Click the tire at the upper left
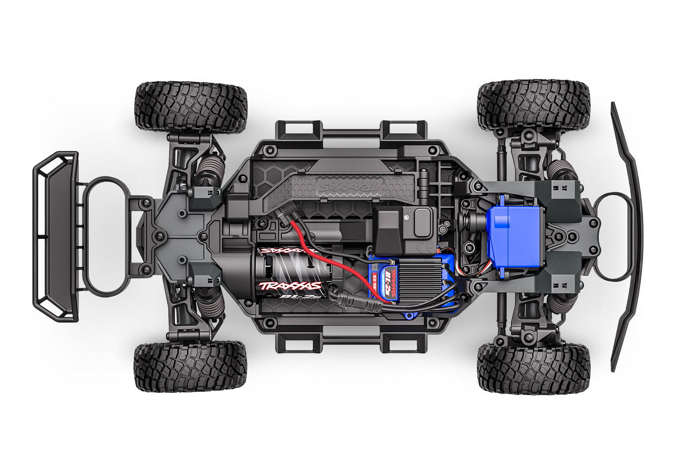[x=190, y=107]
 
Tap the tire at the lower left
[x=190, y=367]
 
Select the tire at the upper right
[x=533, y=105]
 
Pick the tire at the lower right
[x=533, y=368]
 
